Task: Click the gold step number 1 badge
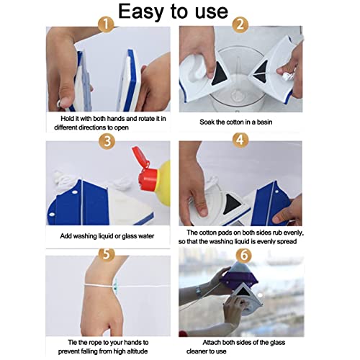pyautogui.click(x=106, y=24)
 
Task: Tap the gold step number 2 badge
pyautogui.click(x=240, y=24)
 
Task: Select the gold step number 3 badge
pyautogui.click(x=107, y=141)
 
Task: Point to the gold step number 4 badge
pyautogui.click(x=240, y=140)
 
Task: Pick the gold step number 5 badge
pyautogui.click(x=107, y=254)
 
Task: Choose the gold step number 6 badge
pyautogui.click(x=243, y=255)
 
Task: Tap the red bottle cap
pyautogui.click(x=144, y=170)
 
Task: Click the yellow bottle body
pyautogui.click(x=163, y=184)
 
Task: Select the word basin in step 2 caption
pyautogui.click(x=264, y=122)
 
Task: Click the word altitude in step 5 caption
pyautogui.click(x=137, y=351)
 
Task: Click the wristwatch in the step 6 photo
pyautogui.click(x=199, y=292)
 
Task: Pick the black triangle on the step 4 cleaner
pyautogui.click(x=231, y=204)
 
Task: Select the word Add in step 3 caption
pyautogui.click(x=66, y=236)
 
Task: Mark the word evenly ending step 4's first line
pyautogui.click(x=294, y=233)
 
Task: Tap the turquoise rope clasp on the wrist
pyautogui.click(x=115, y=284)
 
